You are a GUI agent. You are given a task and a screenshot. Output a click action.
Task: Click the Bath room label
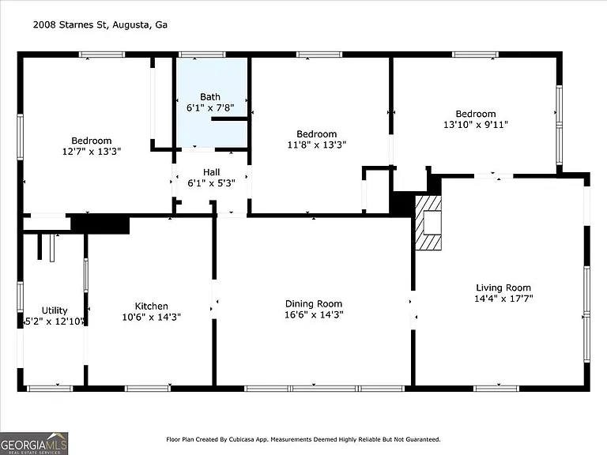[210, 96]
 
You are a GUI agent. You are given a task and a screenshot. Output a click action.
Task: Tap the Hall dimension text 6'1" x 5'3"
[211, 183]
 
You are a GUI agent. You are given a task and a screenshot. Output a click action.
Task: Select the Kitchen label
[152, 306]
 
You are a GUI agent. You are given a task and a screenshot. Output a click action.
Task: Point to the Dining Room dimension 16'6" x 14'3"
[314, 314]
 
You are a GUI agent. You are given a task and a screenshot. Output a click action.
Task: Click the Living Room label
[503, 288]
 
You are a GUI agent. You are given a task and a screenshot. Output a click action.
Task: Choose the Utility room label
[55, 310]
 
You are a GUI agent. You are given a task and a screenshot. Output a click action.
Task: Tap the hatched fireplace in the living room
[428, 223]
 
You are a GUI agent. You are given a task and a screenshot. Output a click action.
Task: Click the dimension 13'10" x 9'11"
[476, 125]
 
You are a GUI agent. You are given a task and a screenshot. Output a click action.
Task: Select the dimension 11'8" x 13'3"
[317, 145]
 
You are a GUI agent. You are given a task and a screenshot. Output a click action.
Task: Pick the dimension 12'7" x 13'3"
[92, 152]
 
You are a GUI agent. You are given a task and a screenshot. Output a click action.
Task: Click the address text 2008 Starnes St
[69, 24]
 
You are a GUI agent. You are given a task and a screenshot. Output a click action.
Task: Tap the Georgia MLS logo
[34, 443]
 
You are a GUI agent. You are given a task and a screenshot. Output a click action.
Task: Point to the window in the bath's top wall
[202, 55]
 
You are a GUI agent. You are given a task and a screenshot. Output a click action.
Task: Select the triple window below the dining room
[325, 389]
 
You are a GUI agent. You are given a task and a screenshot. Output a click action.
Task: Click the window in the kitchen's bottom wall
[147, 389]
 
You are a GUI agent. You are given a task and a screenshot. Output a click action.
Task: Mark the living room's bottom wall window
[496, 389]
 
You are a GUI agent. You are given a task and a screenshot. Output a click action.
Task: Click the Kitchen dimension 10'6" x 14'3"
[152, 317]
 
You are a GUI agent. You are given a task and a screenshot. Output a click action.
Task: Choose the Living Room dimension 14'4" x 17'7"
[503, 299]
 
